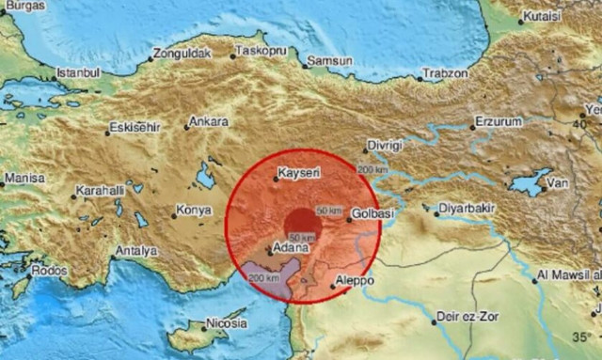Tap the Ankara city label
(x=209, y=122)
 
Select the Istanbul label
(x=78, y=72)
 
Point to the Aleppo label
(x=356, y=281)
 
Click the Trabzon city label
(x=445, y=73)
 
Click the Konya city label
(x=193, y=211)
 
